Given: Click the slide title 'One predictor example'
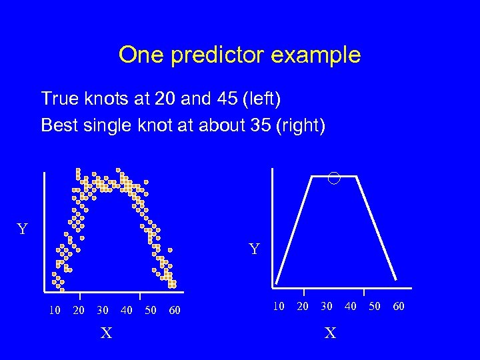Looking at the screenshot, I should pos(239,55).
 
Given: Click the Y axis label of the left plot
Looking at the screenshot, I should pos(22,230).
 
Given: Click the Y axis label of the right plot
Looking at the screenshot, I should pos(254,250).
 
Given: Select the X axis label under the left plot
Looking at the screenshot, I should pos(106,333).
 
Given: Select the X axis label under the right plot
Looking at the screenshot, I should pos(330,333).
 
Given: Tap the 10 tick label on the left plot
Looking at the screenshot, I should pos(55,310).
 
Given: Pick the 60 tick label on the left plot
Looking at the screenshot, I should pos(174,310).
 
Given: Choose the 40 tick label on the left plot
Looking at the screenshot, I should pos(126,310).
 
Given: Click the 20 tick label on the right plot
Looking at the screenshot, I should pos(303,306).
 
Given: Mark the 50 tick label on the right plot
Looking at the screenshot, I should pos(375,306).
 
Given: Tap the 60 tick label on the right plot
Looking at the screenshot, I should pos(398,306).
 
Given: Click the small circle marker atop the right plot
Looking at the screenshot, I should pos(334,177).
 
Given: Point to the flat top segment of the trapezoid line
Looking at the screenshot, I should pos(320,177).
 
